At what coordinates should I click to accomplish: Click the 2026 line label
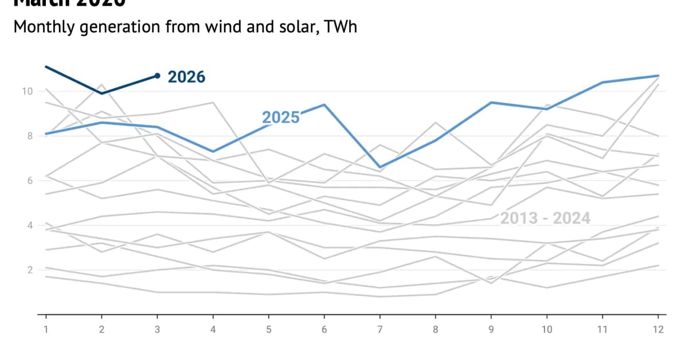(x=186, y=77)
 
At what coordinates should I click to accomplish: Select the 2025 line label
(x=280, y=118)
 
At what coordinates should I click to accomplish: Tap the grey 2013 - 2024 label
(x=545, y=218)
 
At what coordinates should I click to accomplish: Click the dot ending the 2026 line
(x=157, y=76)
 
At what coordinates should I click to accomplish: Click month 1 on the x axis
(x=46, y=330)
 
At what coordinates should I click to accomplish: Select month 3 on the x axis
(x=157, y=330)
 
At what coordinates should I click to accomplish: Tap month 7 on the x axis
(x=380, y=330)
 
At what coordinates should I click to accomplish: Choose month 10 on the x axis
(x=547, y=330)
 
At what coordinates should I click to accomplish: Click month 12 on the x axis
(x=658, y=330)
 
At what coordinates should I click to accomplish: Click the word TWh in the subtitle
(x=341, y=26)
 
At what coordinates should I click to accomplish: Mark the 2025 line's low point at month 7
(x=380, y=167)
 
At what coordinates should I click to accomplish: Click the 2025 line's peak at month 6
(x=325, y=104)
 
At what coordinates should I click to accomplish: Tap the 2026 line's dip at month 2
(x=101, y=93)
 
